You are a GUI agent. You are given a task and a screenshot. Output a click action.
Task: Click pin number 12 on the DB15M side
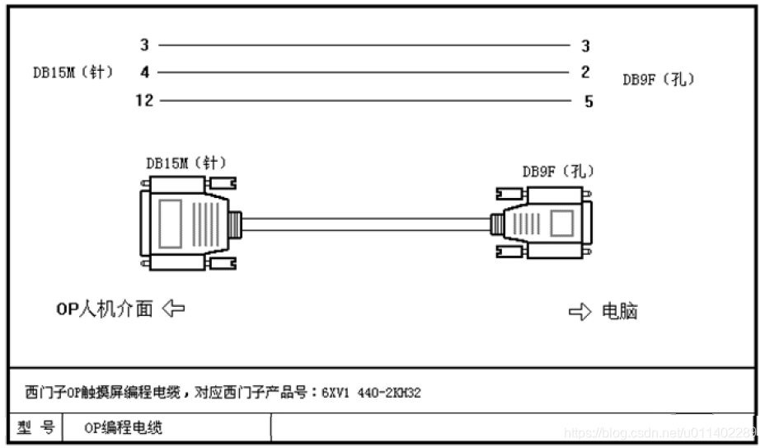point(145,101)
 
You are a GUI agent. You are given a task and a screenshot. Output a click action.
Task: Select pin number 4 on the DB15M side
point(145,73)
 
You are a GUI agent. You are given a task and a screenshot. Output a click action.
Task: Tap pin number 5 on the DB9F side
point(588,102)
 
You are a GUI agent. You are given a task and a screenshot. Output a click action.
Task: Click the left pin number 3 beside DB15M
point(145,45)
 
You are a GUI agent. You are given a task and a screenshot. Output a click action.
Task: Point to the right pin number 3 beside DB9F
point(585,46)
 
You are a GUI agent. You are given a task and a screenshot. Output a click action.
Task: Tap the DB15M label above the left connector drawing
point(185,163)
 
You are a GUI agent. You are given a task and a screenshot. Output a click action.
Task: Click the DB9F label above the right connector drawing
point(558,172)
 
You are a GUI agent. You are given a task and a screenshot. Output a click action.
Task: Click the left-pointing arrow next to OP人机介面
point(173,309)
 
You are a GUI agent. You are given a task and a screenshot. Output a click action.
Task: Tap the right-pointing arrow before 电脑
point(580,312)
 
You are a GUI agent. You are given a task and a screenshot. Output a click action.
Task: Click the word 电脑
point(620,312)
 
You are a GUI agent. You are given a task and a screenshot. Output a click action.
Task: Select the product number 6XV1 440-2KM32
point(373,392)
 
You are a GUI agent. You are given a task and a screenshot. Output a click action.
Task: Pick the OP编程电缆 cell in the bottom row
point(124,427)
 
